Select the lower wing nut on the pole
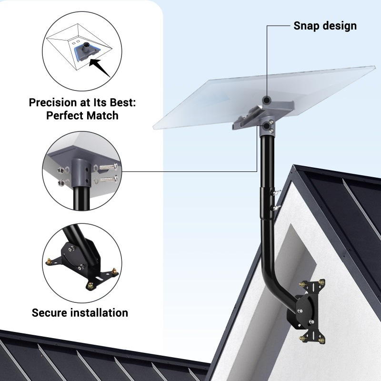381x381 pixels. pyautogui.click(x=276, y=208)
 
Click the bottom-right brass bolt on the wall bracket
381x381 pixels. pyautogui.click(x=322, y=341)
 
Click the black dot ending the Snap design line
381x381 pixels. pyautogui.click(x=267, y=100)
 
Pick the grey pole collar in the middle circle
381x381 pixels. pyautogui.click(x=81, y=173)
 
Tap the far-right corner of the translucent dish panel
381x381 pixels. pyautogui.click(x=375, y=66)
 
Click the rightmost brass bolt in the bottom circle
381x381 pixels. pyautogui.click(x=114, y=271)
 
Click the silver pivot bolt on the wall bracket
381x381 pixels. pyautogui.click(x=301, y=311)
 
